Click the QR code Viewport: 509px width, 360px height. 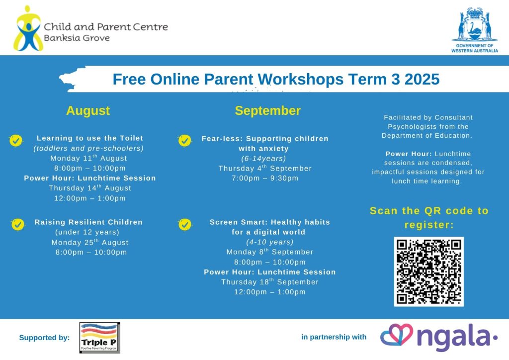[429, 271]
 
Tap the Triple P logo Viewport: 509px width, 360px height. [99, 338]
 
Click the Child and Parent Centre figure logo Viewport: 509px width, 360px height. [28, 28]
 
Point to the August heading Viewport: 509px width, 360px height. [88, 111]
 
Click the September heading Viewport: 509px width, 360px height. [268, 111]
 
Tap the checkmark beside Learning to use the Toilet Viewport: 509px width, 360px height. [16, 141]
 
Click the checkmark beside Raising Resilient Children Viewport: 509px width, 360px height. [18, 224]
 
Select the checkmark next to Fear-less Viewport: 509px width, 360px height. [185, 141]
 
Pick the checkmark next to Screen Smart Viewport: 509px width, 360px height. [185, 224]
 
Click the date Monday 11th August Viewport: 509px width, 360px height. [88, 158]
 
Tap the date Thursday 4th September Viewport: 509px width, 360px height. [265, 168]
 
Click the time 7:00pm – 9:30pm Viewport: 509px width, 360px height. [265, 178]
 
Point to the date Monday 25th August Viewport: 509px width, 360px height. [90, 242]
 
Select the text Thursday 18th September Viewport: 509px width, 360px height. [270, 282]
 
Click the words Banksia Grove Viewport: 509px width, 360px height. [77, 38]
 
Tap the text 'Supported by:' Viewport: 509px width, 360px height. [44, 338]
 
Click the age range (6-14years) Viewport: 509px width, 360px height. [263, 159]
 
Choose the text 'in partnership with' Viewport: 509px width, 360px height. [334, 337]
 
